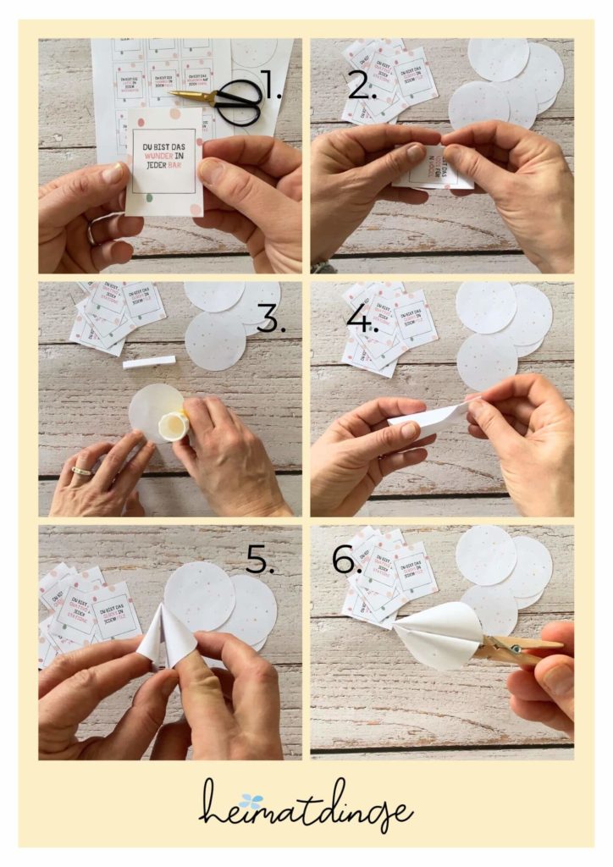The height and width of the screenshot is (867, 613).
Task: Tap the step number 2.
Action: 362,85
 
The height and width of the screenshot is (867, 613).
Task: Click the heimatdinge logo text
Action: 306,805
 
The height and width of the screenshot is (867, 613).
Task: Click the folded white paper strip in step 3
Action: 149,362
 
